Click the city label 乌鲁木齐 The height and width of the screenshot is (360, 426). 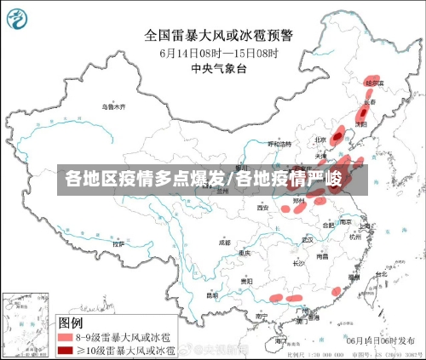(x=112, y=108)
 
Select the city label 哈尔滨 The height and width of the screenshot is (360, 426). (x=373, y=83)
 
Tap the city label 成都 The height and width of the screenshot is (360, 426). (x=224, y=242)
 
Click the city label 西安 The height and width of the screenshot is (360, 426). (x=263, y=207)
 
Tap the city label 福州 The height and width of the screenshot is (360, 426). (x=354, y=276)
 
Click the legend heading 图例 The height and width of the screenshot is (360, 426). (x=70, y=323)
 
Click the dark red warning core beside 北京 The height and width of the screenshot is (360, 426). (x=338, y=135)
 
